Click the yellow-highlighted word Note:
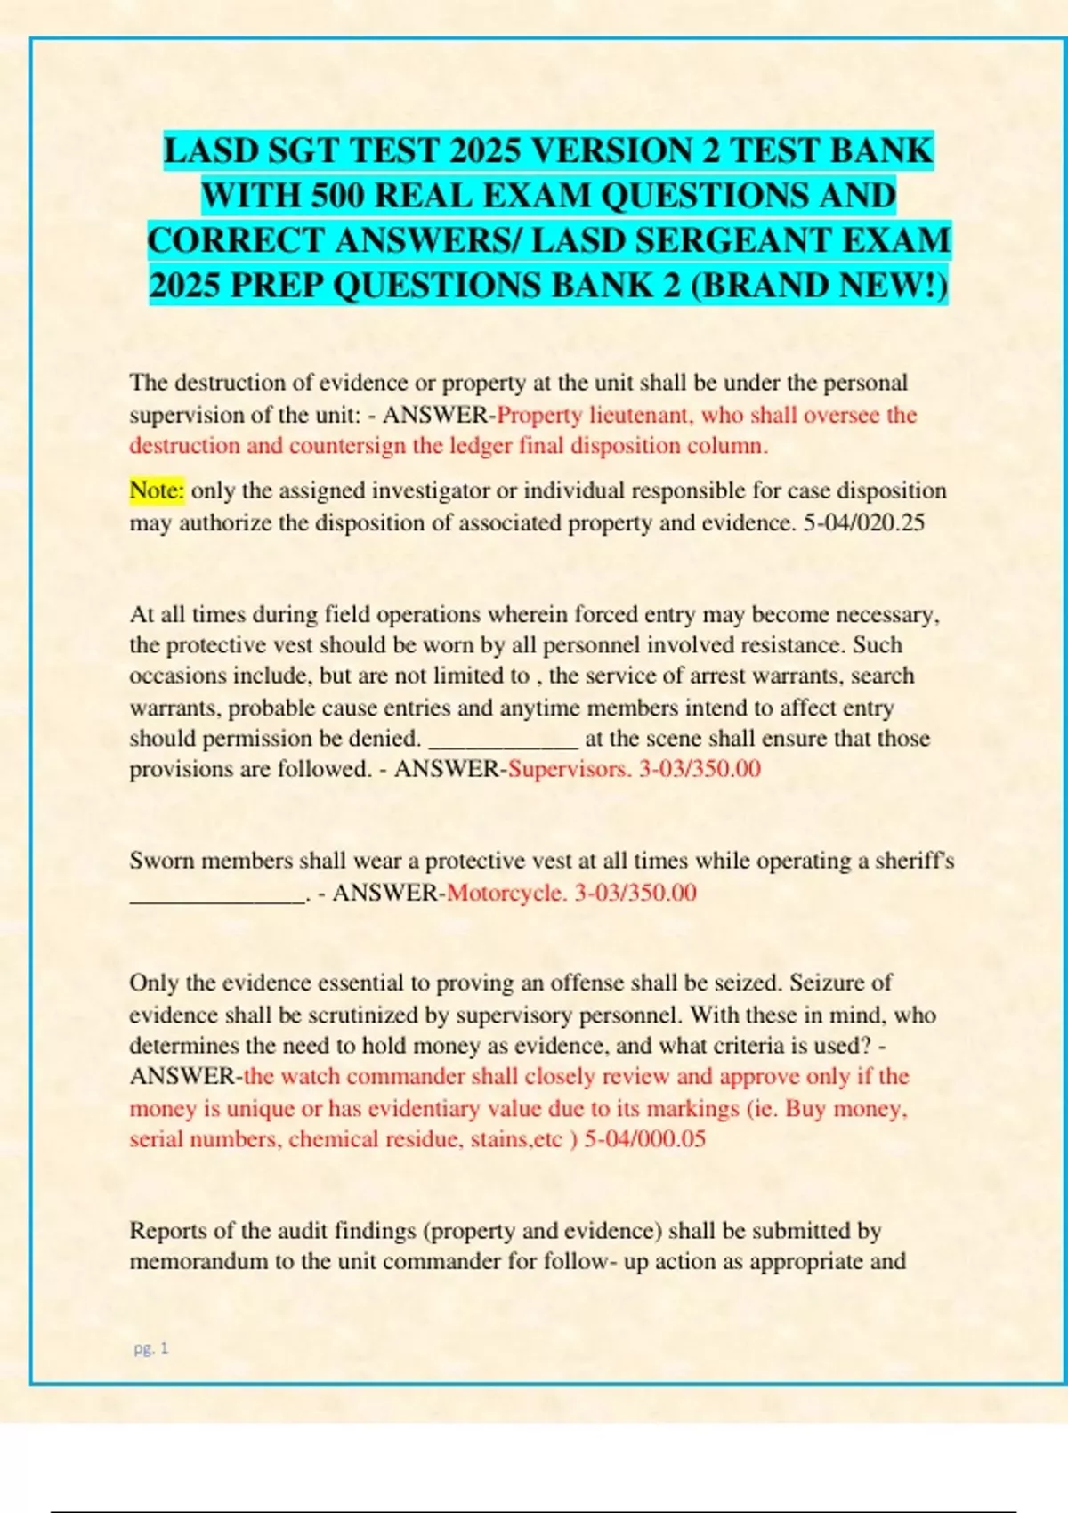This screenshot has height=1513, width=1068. (157, 490)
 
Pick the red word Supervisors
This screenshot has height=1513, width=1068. (569, 769)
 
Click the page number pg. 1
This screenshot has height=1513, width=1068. (151, 1348)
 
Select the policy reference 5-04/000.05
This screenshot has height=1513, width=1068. (644, 1139)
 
